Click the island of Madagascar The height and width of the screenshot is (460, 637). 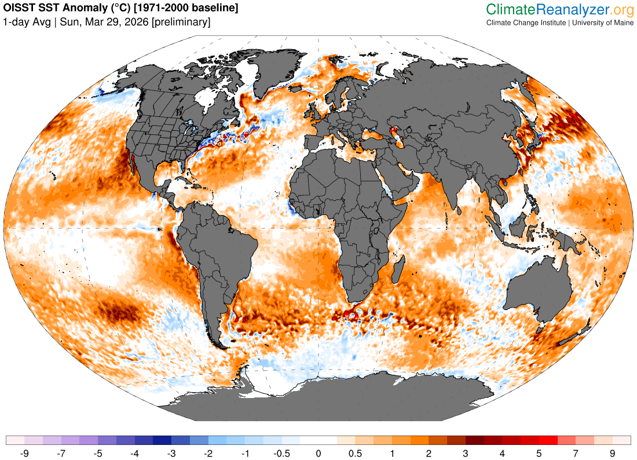(x=398, y=272)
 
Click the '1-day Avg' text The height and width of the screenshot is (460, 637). (x=25, y=23)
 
